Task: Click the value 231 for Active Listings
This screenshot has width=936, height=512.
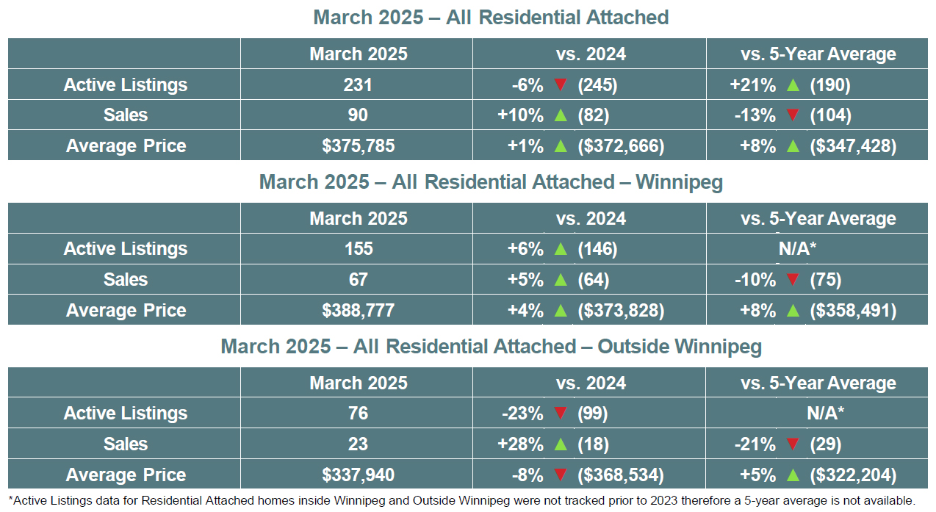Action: click(x=358, y=84)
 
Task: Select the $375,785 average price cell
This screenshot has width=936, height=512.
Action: click(x=358, y=145)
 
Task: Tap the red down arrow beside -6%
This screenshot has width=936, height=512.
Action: click(x=561, y=84)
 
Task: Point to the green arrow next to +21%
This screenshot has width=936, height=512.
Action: click(x=793, y=84)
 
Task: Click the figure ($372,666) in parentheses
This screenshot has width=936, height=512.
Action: click(x=621, y=145)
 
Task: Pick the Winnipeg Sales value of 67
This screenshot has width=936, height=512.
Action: click(x=358, y=279)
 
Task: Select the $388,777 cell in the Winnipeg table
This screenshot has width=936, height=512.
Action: click(x=358, y=310)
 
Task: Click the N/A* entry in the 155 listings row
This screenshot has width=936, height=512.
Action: click(x=797, y=249)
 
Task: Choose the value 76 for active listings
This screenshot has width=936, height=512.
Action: click(x=358, y=413)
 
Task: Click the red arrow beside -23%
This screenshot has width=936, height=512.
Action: click(x=561, y=413)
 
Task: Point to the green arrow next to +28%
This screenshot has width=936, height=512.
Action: click(x=561, y=444)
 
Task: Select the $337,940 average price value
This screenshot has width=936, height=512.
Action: click(x=358, y=475)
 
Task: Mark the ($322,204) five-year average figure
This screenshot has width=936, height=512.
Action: click(x=853, y=475)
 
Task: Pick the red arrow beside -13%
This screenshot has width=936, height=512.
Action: click(x=793, y=115)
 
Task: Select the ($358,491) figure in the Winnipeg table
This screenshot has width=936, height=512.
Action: click(x=853, y=310)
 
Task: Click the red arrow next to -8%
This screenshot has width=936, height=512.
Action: click(x=561, y=475)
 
